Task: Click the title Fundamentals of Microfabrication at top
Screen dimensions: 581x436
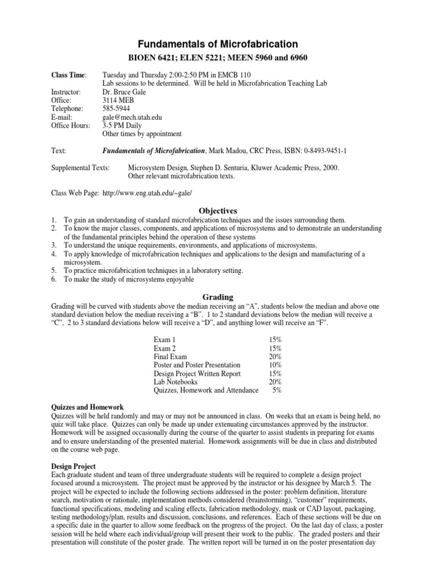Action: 218,44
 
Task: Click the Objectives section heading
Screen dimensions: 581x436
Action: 217,210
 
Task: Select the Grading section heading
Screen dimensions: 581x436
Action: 217,297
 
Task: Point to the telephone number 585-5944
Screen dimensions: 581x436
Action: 117,108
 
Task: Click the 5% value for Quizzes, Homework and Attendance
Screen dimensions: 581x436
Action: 277,390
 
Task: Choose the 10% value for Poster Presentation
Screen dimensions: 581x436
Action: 275,365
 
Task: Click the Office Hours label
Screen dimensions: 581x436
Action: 71,125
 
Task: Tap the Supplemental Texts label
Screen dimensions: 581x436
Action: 82,168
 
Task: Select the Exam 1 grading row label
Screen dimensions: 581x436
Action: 165,339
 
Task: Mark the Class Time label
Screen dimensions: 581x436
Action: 70,74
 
